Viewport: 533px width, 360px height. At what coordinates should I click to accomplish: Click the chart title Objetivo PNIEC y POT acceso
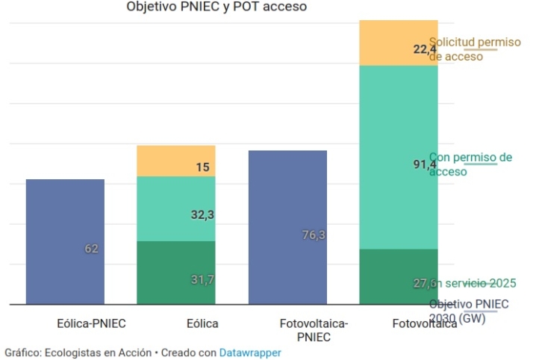(216, 7)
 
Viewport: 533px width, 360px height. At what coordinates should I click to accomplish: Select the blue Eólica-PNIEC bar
(65, 224)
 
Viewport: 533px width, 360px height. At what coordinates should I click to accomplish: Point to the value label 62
(91, 249)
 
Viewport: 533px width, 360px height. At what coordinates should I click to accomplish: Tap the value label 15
(202, 167)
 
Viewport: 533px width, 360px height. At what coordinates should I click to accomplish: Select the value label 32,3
(202, 215)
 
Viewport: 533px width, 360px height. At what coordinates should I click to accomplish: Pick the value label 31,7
(202, 279)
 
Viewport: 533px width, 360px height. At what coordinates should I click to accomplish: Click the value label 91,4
(425, 165)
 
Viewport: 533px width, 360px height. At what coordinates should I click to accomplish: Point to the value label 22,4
(425, 49)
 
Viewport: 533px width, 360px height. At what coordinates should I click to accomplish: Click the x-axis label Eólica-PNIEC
(91, 324)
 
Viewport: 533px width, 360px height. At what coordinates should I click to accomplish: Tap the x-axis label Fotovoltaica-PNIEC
(314, 330)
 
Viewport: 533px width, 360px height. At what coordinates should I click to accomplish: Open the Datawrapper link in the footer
(250, 352)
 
